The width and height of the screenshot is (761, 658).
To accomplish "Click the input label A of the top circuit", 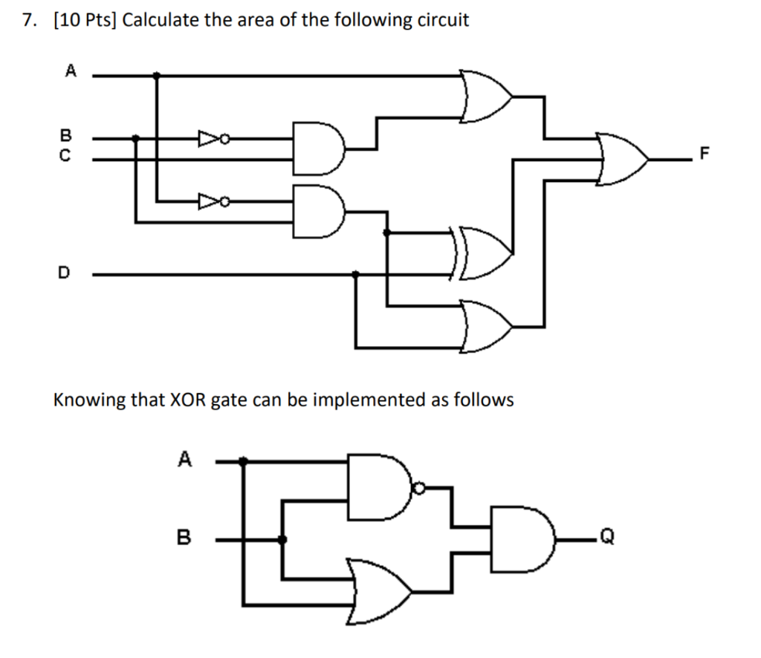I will pyautogui.click(x=71, y=71).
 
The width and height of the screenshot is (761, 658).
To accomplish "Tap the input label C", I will pyautogui.click(x=65, y=157).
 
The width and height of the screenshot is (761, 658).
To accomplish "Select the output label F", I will pyautogui.click(x=705, y=155).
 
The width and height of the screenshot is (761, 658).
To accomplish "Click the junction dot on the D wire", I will pyautogui.click(x=356, y=274).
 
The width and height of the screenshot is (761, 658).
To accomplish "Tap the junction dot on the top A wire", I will pyautogui.click(x=156, y=75).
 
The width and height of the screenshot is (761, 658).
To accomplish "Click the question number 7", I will pyautogui.click(x=28, y=20).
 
